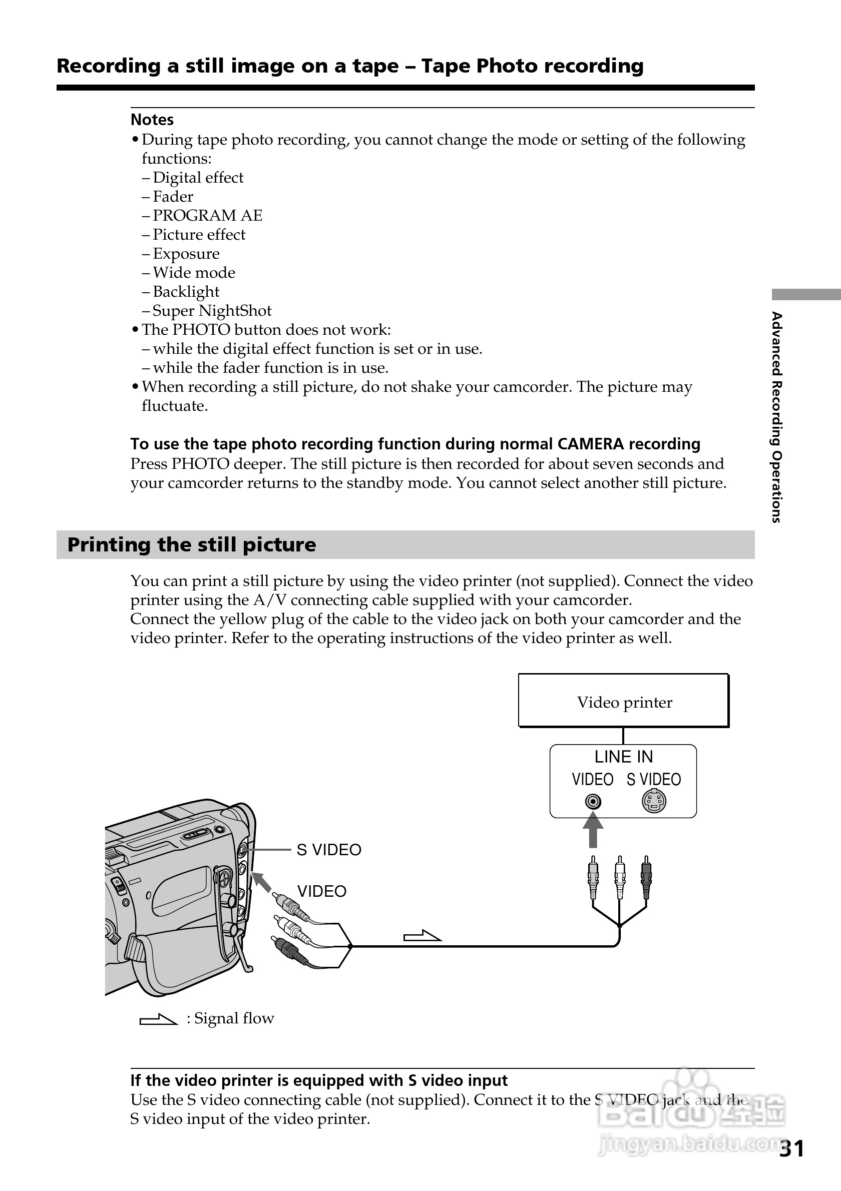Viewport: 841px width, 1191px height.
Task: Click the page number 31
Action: pos(792,1149)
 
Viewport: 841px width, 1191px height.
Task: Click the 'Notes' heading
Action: pos(152,120)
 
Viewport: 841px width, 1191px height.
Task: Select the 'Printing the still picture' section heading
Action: pos(191,544)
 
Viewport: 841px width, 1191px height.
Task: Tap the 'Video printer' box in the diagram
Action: pos(624,701)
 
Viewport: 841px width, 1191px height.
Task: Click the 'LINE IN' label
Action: pos(624,757)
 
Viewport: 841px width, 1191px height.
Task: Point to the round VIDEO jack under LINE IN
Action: pos(593,802)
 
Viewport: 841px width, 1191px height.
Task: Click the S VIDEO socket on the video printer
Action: pos(654,802)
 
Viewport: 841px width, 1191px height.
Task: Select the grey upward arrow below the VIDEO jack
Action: pos(593,830)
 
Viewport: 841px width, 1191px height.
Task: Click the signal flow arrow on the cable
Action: pos(422,937)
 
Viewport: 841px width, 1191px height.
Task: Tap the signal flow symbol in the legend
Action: pos(158,1019)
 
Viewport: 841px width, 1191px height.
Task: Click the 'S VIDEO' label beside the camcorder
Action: pos(329,850)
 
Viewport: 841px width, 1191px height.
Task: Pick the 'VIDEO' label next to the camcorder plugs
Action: pos(322,891)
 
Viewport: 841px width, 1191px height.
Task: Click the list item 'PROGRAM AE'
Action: pos(208,215)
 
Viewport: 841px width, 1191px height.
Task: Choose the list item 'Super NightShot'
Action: pos(212,311)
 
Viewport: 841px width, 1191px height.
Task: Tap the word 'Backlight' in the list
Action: pos(186,292)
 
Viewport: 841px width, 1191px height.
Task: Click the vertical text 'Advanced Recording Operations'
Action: pos(776,417)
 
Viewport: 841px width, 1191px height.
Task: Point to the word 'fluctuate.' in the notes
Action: pos(175,406)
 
